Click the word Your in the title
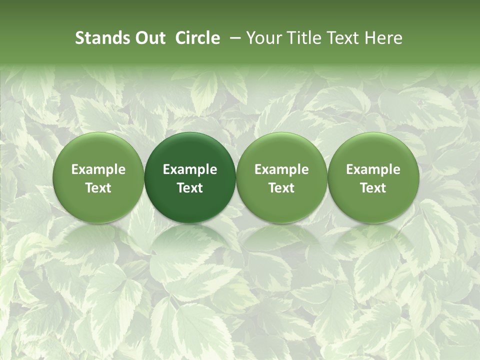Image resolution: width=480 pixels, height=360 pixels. [263, 38]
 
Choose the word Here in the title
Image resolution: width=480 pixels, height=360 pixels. [382, 38]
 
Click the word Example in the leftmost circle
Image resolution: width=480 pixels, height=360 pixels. [98, 169]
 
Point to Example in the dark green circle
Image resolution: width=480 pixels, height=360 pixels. [190, 169]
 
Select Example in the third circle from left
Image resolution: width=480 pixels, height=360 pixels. [281, 169]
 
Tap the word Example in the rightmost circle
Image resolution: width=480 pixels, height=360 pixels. [373, 169]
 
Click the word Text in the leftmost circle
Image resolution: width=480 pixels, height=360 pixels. [98, 188]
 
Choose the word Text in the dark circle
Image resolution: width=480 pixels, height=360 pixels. [190, 188]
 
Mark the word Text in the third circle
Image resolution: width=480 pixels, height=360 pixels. [281, 188]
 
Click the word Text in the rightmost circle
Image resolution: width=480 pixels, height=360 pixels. [373, 188]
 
